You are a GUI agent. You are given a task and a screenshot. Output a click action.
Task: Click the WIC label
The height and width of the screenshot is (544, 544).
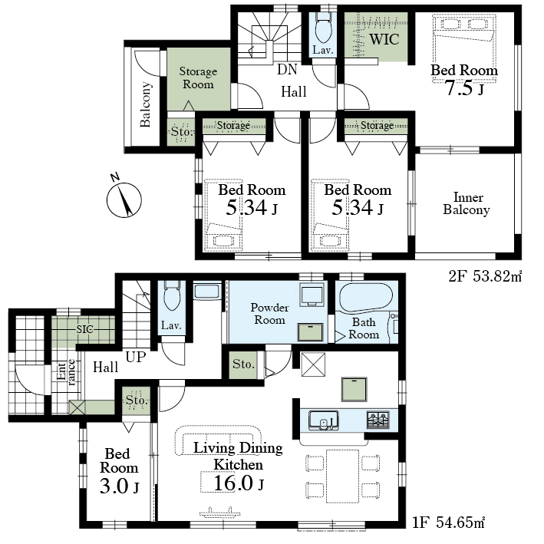coord(384,39)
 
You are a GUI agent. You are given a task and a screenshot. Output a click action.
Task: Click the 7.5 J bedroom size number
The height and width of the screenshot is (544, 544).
coord(464,87)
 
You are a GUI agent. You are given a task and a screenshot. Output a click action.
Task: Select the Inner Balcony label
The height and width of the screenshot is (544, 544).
coord(467,203)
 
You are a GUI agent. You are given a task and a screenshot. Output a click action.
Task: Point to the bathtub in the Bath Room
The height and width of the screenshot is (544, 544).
coord(366,298)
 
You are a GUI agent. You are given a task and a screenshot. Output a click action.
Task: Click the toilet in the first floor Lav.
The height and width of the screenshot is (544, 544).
coord(172,295)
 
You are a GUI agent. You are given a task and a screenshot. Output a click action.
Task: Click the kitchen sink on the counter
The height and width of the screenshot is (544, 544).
coord(323,420)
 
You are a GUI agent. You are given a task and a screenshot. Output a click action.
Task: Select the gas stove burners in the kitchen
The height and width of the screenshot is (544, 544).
coord(378,420)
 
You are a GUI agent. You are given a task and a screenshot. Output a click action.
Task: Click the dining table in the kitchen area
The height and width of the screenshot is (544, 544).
coord(342,476)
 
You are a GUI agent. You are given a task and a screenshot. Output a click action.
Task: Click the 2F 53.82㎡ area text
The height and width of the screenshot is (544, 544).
coord(485,276)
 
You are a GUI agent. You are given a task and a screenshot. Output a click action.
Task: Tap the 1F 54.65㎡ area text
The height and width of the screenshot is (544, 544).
coord(448,522)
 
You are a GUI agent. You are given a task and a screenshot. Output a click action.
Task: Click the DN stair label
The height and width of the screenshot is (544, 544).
coord(287,69)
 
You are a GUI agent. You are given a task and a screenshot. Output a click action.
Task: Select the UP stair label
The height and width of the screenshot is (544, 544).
coord(136,357)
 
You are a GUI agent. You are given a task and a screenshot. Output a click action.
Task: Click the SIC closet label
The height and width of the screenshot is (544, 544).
coord(84,329)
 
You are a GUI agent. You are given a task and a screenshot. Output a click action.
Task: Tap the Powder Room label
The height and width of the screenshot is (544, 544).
coord(269,314)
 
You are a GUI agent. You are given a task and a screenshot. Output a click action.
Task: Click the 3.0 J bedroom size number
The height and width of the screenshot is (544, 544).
coord(120,486)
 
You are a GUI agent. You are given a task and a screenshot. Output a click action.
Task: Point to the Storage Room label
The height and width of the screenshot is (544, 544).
coord(198,77)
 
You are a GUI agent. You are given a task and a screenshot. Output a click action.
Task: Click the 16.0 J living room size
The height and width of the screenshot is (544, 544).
coord(239,483)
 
